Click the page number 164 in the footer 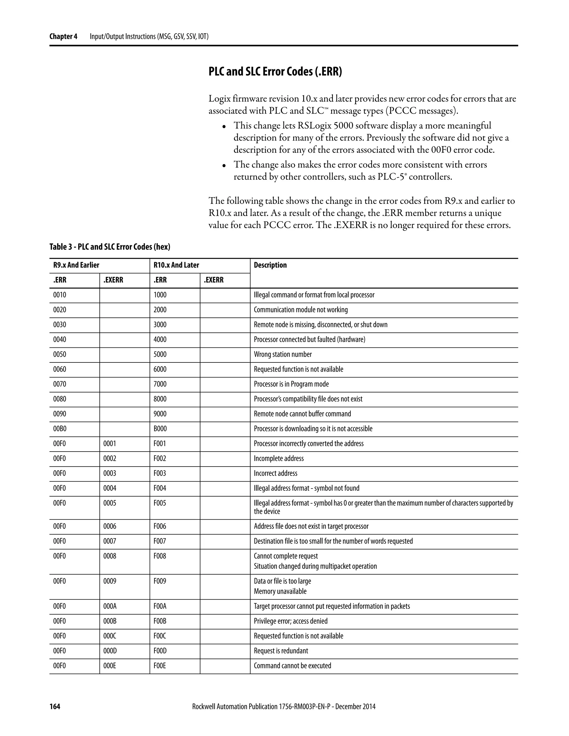point(55,707)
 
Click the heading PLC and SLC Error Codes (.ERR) point(275,71)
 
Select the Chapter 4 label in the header point(63,36)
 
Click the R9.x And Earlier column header point(76,265)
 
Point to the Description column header point(270,265)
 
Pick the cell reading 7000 point(160,384)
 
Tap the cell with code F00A point(160,606)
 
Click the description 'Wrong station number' point(283,354)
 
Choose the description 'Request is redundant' point(281,651)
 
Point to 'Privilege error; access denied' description point(291,621)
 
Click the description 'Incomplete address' point(278,458)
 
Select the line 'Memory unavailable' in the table point(280,591)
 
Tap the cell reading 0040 point(60,339)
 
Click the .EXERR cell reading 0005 point(110,503)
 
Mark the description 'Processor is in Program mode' point(291,384)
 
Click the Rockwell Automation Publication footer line point(283,707)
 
